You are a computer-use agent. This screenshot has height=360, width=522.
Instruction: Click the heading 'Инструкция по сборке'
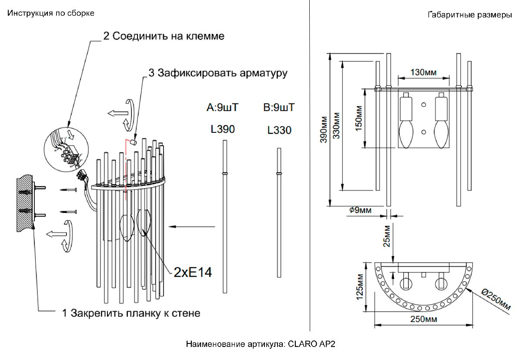point(50,13)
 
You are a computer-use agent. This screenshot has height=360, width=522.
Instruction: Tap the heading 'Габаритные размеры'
point(470,15)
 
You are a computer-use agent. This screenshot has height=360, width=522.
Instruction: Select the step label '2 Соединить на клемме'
point(164,36)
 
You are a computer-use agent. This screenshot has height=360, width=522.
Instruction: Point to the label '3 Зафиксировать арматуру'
point(217,73)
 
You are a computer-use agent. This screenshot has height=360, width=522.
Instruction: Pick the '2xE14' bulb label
point(192,273)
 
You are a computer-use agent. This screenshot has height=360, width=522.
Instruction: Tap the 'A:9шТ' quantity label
point(223,107)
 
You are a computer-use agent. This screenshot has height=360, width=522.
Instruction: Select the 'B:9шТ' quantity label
point(279,107)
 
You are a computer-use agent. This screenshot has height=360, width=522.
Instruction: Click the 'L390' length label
point(223,129)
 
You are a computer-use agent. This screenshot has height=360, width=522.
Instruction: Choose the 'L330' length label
point(279,130)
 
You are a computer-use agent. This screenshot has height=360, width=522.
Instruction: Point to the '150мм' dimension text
point(358,119)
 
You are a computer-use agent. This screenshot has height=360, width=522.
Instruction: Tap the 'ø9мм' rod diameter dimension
point(360,211)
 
